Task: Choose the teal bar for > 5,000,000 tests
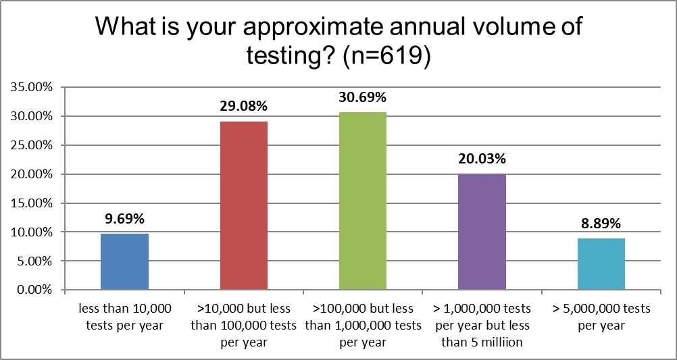point(601,264)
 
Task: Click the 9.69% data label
point(124,219)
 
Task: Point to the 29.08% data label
point(244,106)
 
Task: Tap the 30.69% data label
point(363,97)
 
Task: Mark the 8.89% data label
point(601,224)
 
